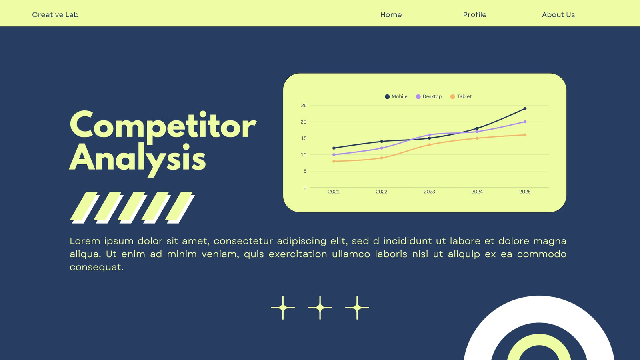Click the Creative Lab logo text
(55, 14)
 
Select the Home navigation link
(391, 14)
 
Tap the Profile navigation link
(474, 14)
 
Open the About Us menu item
(558, 14)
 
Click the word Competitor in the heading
(163, 126)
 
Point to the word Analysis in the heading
(138, 158)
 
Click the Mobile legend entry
(396, 96)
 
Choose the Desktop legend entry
(428, 96)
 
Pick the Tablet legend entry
(461, 96)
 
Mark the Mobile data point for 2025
(525, 108)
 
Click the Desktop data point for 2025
(525, 122)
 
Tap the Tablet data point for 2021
(334, 161)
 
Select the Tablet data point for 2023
(429, 145)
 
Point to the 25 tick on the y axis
(304, 106)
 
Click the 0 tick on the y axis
(305, 188)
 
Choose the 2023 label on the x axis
(429, 192)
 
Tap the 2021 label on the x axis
(334, 192)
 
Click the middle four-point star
(320, 308)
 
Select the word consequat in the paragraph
(96, 268)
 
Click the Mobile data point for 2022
(382, 142)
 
